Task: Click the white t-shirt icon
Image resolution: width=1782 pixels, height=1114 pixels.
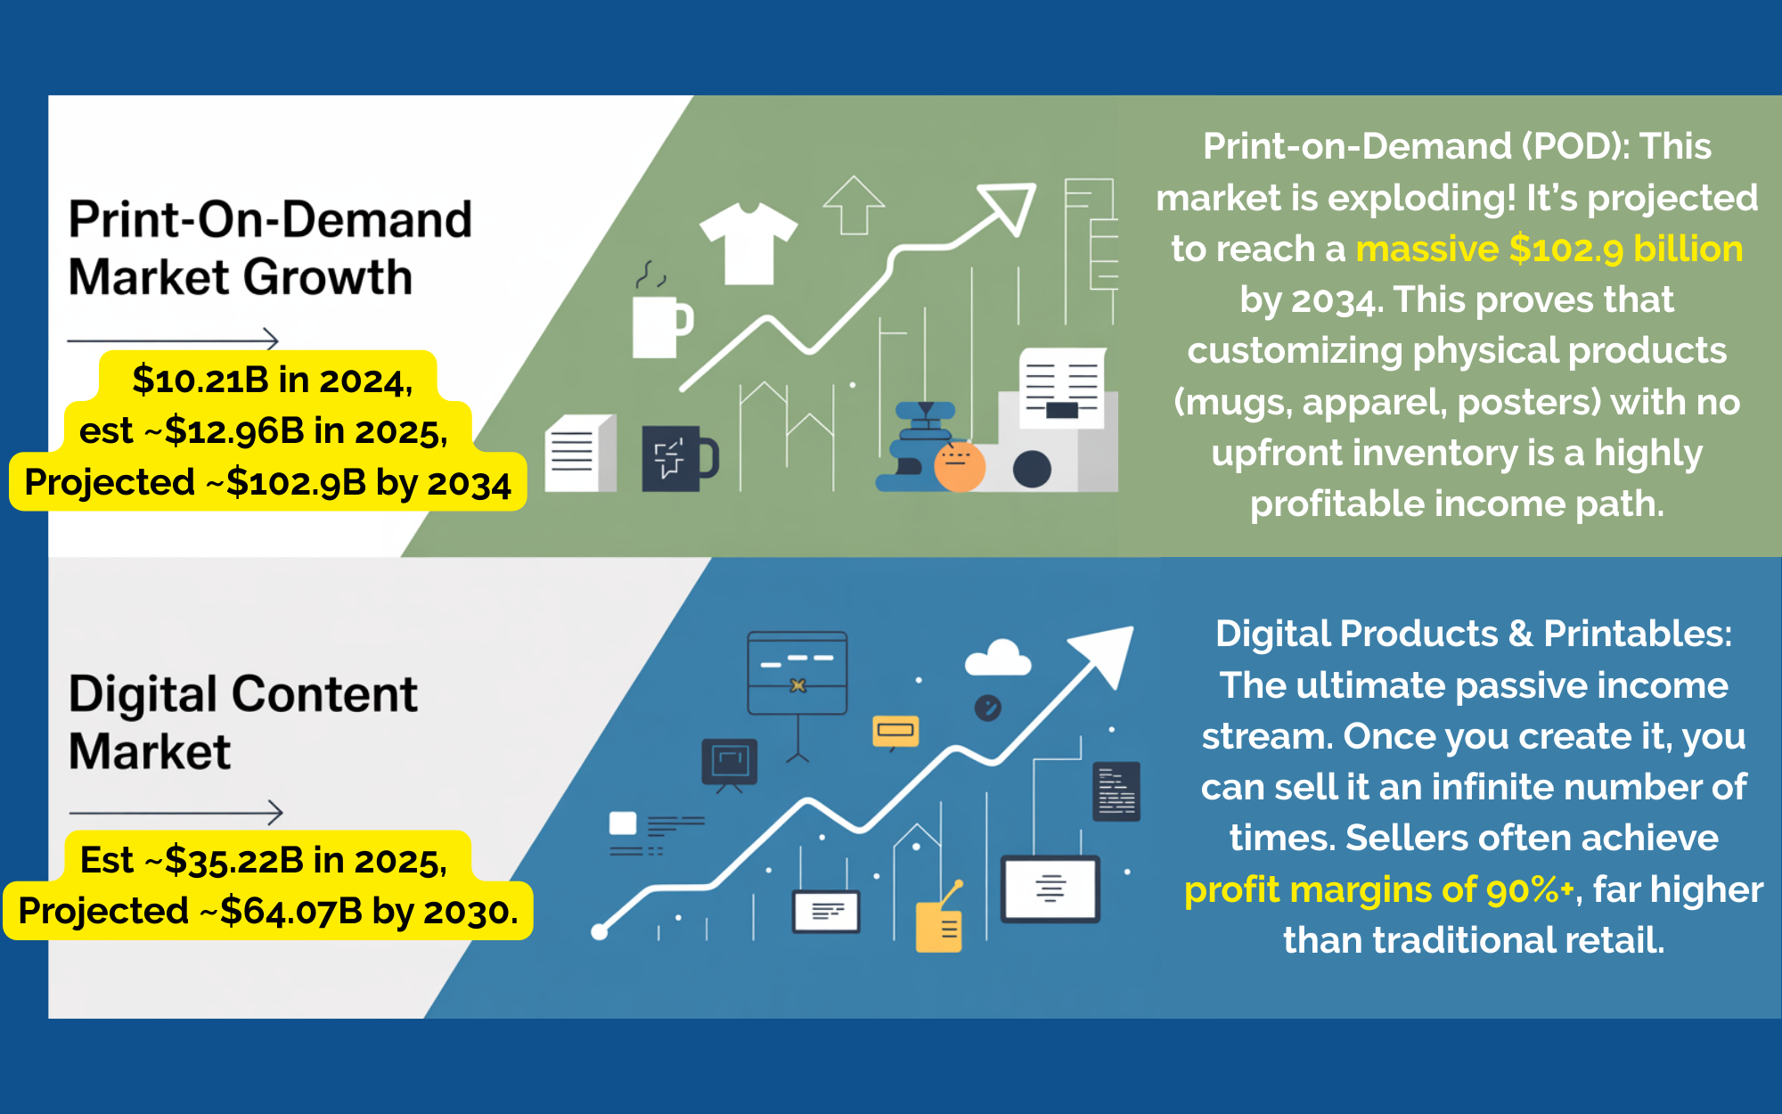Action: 748,242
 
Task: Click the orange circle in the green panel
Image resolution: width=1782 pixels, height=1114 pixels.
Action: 959,467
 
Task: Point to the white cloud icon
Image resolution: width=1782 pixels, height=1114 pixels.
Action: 998,658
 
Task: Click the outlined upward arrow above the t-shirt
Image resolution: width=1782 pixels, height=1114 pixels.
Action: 854,205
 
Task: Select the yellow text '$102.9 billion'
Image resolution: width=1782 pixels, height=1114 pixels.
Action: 1626,249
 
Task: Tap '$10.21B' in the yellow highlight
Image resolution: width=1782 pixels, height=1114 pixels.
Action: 200,380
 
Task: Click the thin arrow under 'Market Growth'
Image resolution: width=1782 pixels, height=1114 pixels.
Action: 173,340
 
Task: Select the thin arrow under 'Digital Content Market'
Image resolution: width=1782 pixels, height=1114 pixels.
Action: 176,813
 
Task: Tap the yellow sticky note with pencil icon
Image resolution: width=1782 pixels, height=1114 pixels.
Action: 940,922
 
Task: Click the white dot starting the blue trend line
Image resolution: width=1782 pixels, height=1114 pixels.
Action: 600,932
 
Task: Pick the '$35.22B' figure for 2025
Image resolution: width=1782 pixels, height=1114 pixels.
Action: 234,860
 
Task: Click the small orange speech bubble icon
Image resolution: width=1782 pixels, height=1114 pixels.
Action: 895,732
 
